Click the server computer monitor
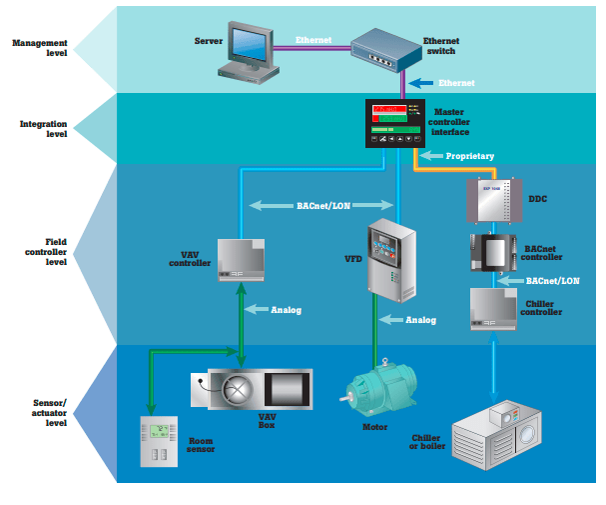click(x=247, y=45)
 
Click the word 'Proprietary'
click(x=469, y=156)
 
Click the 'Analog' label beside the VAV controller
click(x=286, y=310)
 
